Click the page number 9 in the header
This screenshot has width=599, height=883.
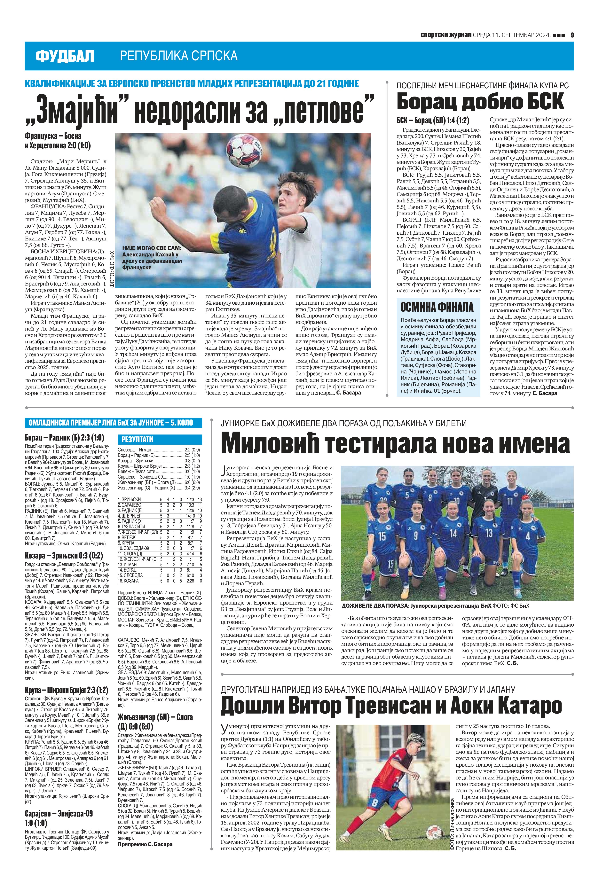pyautogui.click(x=571, y=35)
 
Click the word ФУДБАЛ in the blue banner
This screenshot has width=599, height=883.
pyautogui.click(x=65, y=56)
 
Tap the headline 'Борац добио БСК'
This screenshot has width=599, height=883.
pyautogui.click(x=480, y=102)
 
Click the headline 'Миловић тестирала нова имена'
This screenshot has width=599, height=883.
pyautogui.click(x=395, y=444)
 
